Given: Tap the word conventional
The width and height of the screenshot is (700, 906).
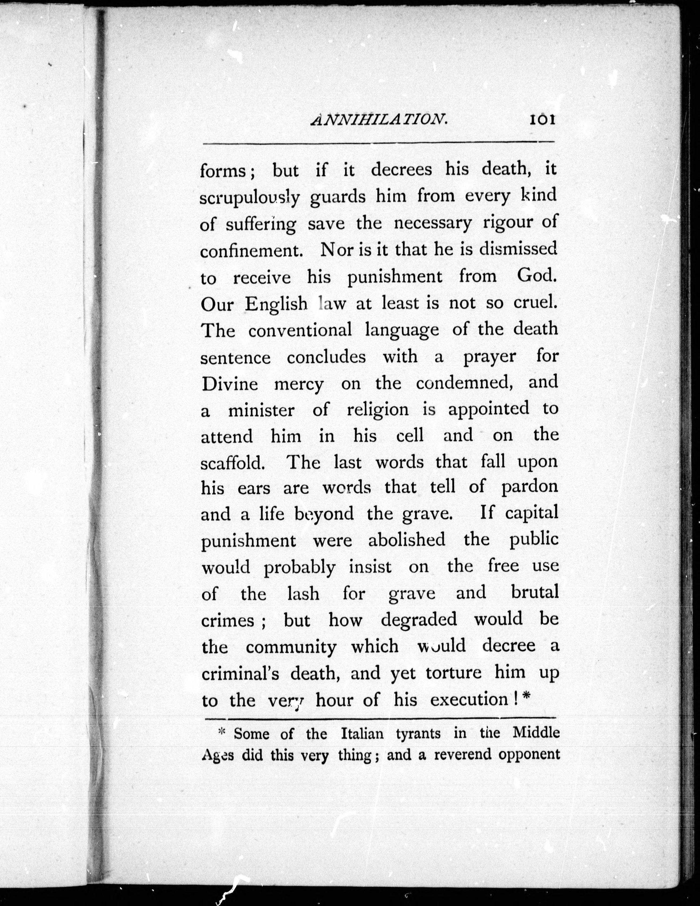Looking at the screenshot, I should [300, 330].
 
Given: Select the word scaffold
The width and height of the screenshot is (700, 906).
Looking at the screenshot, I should [233, 463].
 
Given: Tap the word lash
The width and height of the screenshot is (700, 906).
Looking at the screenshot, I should [303, 594].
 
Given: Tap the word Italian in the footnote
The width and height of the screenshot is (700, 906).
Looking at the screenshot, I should [362, 734].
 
